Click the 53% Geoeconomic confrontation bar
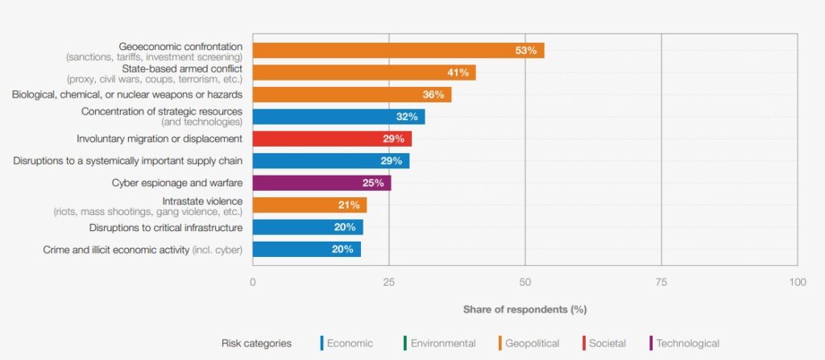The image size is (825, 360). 398,51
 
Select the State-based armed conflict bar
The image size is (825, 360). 364,72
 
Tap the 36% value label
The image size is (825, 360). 433,95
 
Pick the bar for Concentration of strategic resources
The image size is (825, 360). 338,117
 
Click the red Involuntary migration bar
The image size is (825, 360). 332,139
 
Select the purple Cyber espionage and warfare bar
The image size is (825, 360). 321,184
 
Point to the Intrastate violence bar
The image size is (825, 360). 309,205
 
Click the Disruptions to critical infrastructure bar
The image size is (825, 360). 308,227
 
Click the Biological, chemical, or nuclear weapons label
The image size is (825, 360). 127,95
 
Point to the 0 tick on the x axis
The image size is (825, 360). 253,283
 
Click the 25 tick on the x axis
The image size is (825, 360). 389,283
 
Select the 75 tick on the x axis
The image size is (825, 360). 661,283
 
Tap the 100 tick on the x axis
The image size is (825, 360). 797,283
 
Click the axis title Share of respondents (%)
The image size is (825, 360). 524,309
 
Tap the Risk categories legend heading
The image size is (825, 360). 256,343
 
